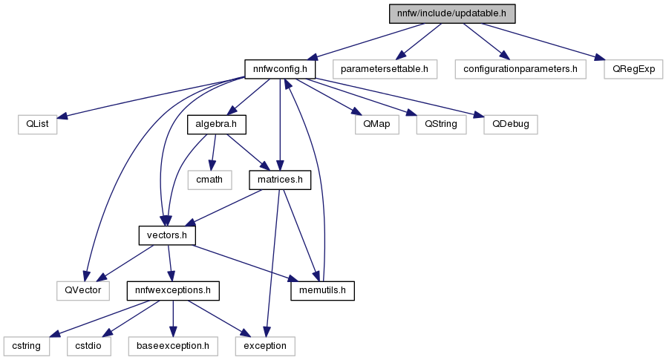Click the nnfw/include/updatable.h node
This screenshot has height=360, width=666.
click(452, 13)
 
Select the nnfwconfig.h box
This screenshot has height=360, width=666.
click(280, 69)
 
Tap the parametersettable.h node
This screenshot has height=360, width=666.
click(385, 69)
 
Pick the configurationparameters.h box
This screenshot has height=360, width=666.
click(520, 69)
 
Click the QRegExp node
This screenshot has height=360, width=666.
click(633, 69)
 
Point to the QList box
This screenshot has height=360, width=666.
click(37, 125)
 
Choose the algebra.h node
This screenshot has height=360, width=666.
click(217, 125)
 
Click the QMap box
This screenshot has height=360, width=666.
click(376, 125)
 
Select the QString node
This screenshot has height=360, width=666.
click(441, 125)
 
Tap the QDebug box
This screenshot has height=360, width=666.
click(511, 125)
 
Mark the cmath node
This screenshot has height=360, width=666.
click(209, 180)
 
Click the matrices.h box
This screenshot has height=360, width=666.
click(280, 180)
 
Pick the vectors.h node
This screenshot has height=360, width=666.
click(167, 235)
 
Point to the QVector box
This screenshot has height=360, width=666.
click(83, 291)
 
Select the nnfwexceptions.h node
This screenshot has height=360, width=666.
click(173, 291)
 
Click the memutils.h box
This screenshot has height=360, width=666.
click(322, 291)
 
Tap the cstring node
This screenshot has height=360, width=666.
click(26, 346)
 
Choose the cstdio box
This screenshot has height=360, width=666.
click(88, 346)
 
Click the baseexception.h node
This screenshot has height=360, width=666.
click(173, 346)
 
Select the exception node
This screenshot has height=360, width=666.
click(265, 346)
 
